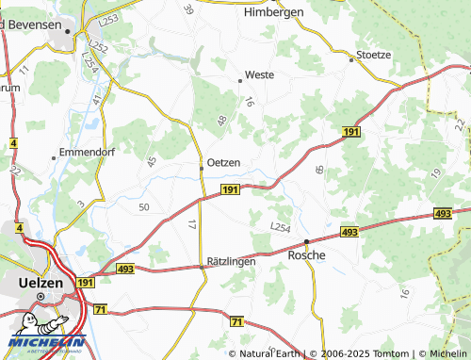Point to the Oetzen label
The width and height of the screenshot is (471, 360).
(223, 162)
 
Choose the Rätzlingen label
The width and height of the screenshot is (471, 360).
(230, 261)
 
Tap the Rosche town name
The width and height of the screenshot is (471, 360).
(306, 255)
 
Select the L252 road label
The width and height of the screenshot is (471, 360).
(96, 44)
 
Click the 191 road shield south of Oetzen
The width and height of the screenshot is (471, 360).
(230, 189)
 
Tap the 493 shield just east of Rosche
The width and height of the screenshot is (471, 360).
(349, 232)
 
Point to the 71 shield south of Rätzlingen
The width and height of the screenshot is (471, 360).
(235, 322)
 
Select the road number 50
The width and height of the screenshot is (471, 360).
(144, 206)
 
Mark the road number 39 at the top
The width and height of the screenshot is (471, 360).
(188, 9)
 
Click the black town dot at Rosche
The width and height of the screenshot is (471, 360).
(306, 242)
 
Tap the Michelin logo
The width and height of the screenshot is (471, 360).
(47, 332)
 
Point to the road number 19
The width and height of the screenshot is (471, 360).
(436, 172)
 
